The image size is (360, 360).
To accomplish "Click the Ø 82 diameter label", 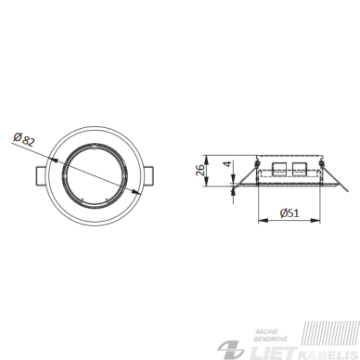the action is (24, 139).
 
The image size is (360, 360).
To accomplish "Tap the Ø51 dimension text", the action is (289, 213).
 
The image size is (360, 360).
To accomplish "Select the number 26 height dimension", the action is (200, 170).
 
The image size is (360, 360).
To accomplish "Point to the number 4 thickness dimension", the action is (227, 164).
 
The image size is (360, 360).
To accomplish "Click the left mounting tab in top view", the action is (41, 176).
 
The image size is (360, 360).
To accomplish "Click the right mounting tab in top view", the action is (148, 176).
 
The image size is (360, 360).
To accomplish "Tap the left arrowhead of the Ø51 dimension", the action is (263, 220).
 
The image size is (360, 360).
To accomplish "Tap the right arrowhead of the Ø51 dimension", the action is (315, 220).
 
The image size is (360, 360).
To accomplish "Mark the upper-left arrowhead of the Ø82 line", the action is (53, 160).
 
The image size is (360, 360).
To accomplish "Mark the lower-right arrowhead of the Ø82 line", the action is (135, 192).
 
